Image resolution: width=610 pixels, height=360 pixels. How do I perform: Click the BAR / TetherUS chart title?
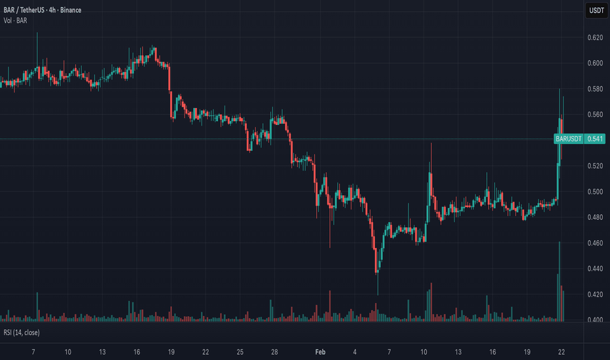pos(43,10)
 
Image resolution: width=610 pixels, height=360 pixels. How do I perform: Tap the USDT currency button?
pos(596,10)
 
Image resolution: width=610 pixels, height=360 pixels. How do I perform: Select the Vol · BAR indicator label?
pos(15,21)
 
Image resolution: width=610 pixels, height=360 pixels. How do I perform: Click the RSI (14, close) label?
pos(22,333)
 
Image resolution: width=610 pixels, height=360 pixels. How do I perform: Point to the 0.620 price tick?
pos(595,38)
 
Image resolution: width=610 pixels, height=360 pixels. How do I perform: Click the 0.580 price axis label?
pos(595,89)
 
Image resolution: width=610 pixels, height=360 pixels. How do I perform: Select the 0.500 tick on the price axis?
pos(595,192)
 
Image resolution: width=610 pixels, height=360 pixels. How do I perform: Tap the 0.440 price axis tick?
pos(595,268)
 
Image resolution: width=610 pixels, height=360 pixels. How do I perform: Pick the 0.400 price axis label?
pos(595,320)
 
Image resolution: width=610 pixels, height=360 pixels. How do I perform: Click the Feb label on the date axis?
pos(320,352)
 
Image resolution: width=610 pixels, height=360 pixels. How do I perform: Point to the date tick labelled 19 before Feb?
pos(171,352)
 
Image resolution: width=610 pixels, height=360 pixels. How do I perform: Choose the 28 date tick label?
pos(274,352)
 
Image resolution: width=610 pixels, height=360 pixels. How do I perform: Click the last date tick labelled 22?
pos(562,352)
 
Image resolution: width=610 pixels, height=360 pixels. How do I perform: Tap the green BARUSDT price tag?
pos(568,139)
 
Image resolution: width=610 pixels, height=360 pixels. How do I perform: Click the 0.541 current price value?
pos(595,139)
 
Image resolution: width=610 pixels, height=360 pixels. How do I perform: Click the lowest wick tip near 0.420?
pos(378,295)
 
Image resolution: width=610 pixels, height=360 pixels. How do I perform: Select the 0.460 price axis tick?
pos(595,243)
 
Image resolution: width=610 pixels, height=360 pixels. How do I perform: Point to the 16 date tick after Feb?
pos(492,352)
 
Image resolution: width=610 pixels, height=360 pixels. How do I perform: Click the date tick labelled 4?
pos(355,352)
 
